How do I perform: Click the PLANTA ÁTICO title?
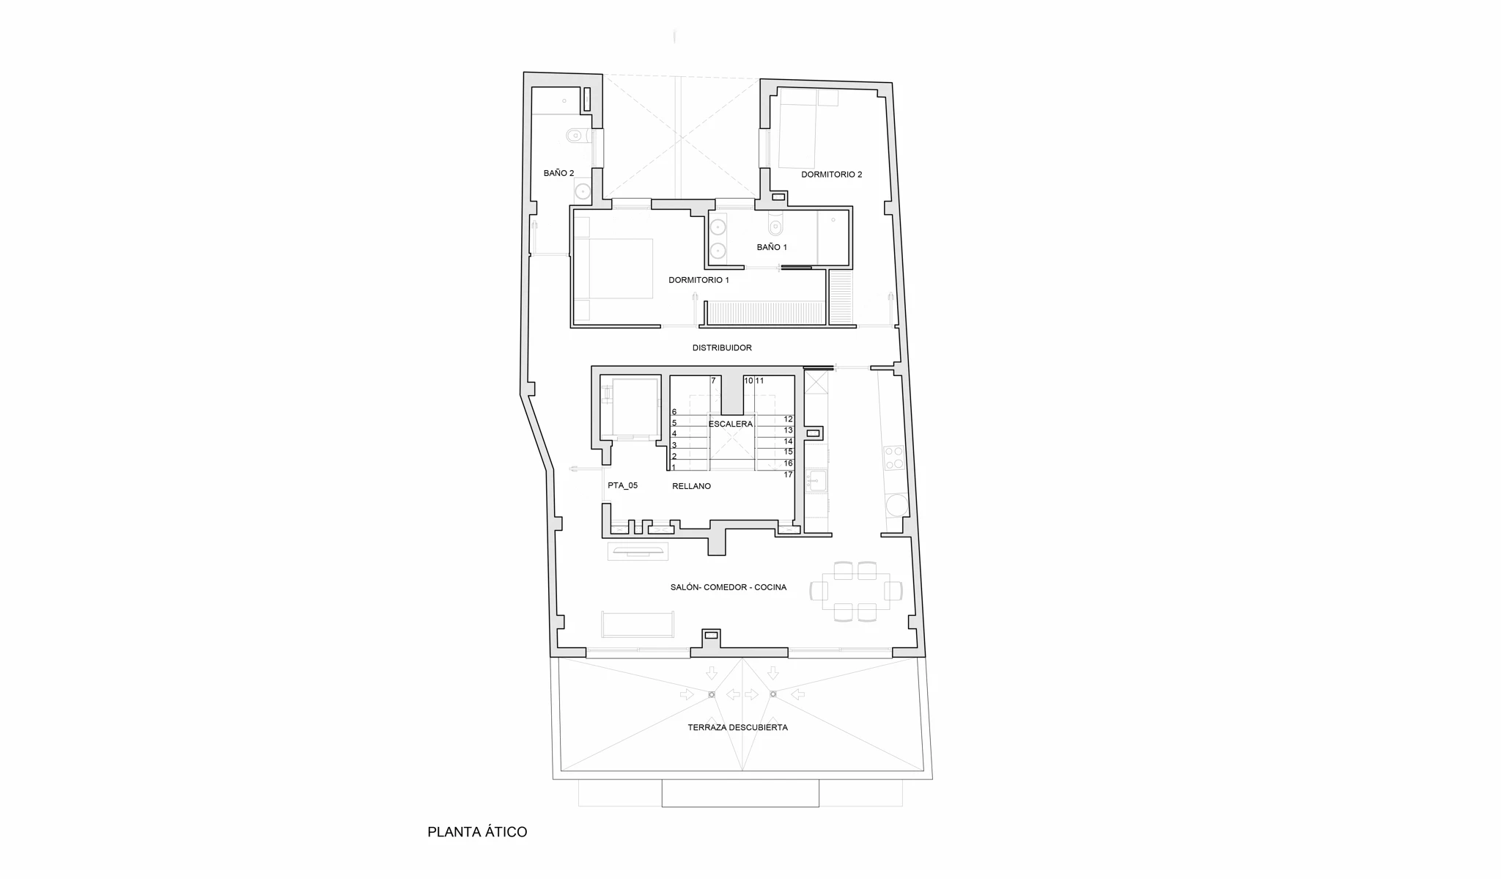click(x=477, y=832)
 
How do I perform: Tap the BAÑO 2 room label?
click(x=558, y=173)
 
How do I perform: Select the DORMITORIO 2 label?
click(x=831, y=174)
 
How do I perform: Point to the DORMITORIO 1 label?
click(x=698, y=280)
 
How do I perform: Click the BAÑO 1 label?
click(x=772, y=247)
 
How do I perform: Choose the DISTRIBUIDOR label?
click(x=722, y=347)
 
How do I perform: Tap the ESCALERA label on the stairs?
click(x=730, y=424)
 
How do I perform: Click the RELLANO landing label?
click(x=691, y=486)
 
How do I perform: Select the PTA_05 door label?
click(x=622, y=485)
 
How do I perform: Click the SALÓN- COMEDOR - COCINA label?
click(x=728, y=587)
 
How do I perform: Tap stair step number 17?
click(x=789, y=474)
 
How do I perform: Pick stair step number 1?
click(x=674, y=467)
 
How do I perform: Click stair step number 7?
click(x=713, y=380)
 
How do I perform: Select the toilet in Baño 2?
click(x=576, y=136)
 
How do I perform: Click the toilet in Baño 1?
click(x=776, y=223)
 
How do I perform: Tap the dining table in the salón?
click(x=856, y=591)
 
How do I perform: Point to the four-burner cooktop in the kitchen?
click(x=894, y=458)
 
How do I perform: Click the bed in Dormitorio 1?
click(x=613, y=268)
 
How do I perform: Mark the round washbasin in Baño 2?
click(x=583, y=191)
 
